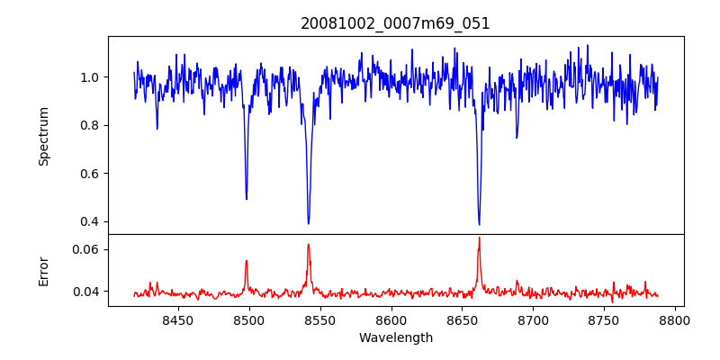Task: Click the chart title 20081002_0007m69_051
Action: point(395,23)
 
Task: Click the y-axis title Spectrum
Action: point(43,136)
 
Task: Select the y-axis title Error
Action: point(43,270)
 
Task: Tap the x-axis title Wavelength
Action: point(395,338)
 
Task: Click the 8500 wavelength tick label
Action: point(248,319)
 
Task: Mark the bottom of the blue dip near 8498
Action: point(246,199)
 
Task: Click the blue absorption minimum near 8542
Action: point(309,223)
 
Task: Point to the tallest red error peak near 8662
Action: point(479,238)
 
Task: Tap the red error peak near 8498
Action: point(246,261)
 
